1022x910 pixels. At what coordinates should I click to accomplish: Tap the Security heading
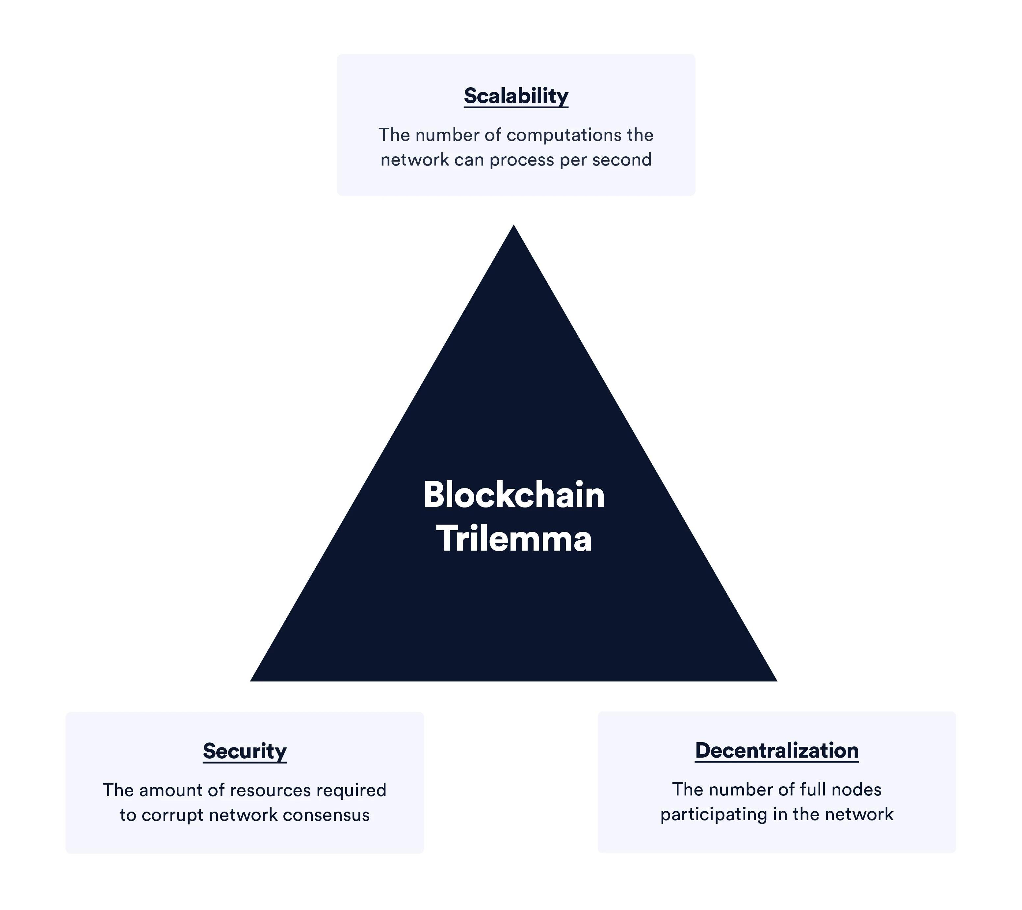pos(245,751)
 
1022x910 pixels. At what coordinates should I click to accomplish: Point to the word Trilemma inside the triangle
pos(514,539)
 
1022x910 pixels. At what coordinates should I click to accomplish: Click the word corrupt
pos(172,816)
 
